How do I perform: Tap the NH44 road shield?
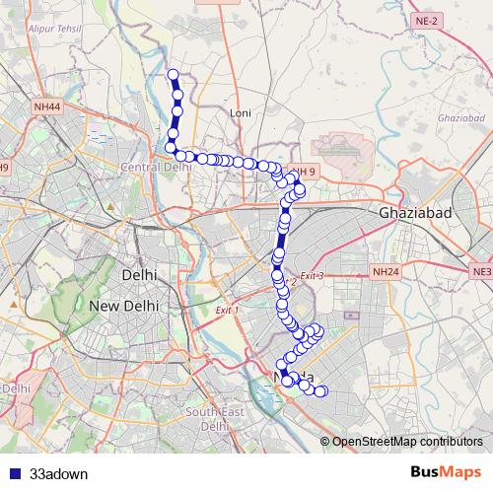tap(45, 106)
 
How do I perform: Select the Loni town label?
tap(241, 113)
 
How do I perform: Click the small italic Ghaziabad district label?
tap(453, 118)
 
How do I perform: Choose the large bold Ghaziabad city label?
tap(415, 213)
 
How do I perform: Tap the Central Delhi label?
tap(155, 167)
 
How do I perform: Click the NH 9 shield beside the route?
tap(304, 172)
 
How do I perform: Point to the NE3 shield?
tap(481, 270)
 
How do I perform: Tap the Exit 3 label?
tap(312, 275)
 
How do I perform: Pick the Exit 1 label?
tap(227, 310)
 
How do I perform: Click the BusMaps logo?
tap(445, 472)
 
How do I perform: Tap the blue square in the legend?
tap(14, 473)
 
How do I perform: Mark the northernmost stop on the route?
tap(174, 74)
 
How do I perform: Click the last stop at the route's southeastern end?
tap(320, 392)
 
